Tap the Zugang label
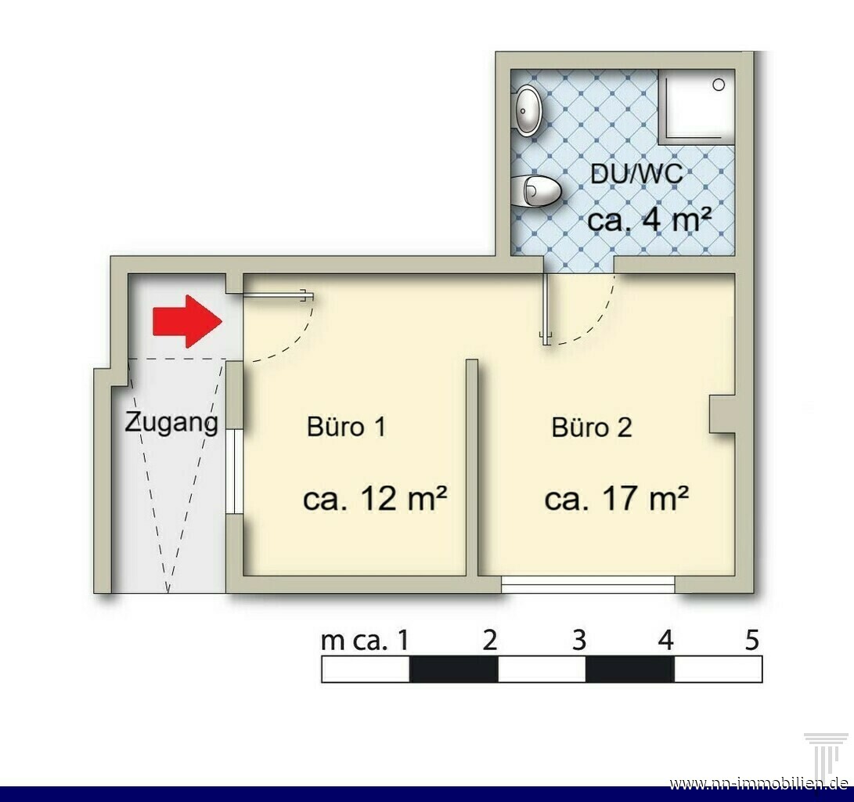(x=171, y=424)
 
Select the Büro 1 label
(x=347, y=427)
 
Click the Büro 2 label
(x=592, y=427)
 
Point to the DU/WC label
(x=636, y=175)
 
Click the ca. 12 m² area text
(x=375, y=498)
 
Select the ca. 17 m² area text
(x=617, y=498)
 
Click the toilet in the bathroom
(x=537, y=191)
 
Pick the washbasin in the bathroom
(x=527, y=110)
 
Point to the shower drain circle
(x=719, y=85)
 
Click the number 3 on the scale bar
(x=579, y=640)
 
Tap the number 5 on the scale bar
(x=751, y=640)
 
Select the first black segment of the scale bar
(x=454, y=669)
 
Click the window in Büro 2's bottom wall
(x=588, y=584)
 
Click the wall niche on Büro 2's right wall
(x=722, y=414)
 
